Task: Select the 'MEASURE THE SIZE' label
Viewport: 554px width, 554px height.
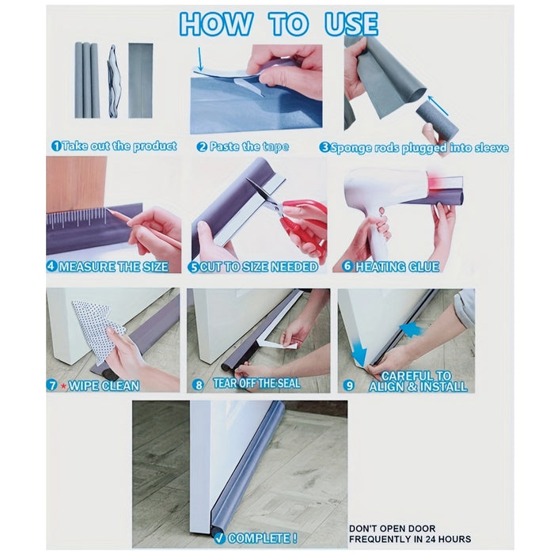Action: (x=112, y=267)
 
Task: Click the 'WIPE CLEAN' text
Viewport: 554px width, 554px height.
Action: (x=103, y=386)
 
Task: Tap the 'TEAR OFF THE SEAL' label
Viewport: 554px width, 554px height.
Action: (x=256, y=384)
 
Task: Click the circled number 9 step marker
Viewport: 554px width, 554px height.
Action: (x=349, y=386)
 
